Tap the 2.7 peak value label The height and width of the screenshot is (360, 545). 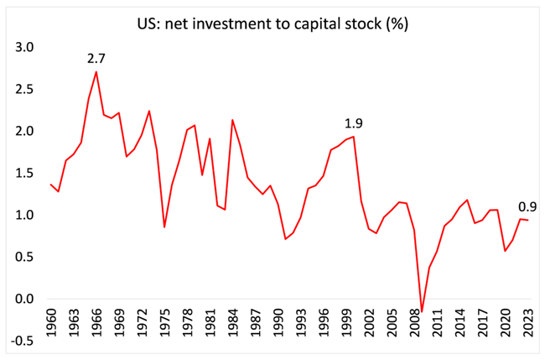tap(96, 58)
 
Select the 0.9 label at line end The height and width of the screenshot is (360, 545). tap(528, 206)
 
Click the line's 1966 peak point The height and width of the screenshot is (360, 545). tap(96, 71)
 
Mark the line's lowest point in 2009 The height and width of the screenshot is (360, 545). tap(422, 311)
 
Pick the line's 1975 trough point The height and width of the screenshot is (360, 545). tap(164, 227)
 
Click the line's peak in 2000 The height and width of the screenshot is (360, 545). tap(354, 137)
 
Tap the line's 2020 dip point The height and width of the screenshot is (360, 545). tap(505, 251)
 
